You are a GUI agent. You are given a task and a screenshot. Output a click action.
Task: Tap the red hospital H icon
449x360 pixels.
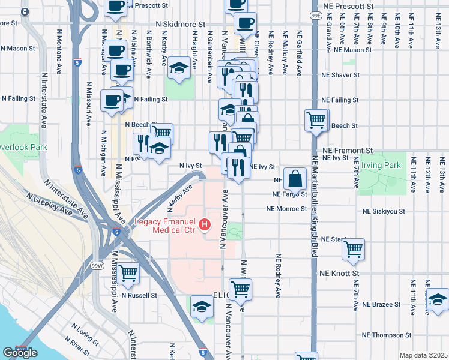click(205, 225)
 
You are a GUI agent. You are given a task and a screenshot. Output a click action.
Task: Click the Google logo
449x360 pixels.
click(19, 353)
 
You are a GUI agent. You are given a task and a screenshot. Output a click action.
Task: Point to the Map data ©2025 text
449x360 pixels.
click(423, 355)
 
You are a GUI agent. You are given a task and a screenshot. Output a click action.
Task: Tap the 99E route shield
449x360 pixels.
click(316, 14)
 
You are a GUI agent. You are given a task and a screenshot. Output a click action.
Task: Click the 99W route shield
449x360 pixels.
click(97, 265)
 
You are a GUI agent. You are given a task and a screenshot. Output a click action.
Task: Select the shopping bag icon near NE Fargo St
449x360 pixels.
click(296, 178)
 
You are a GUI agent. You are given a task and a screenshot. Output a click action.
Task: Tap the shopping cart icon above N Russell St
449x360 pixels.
click(128, 273)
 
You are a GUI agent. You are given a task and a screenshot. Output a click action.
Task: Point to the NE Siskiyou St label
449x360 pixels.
click(384, 212)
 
